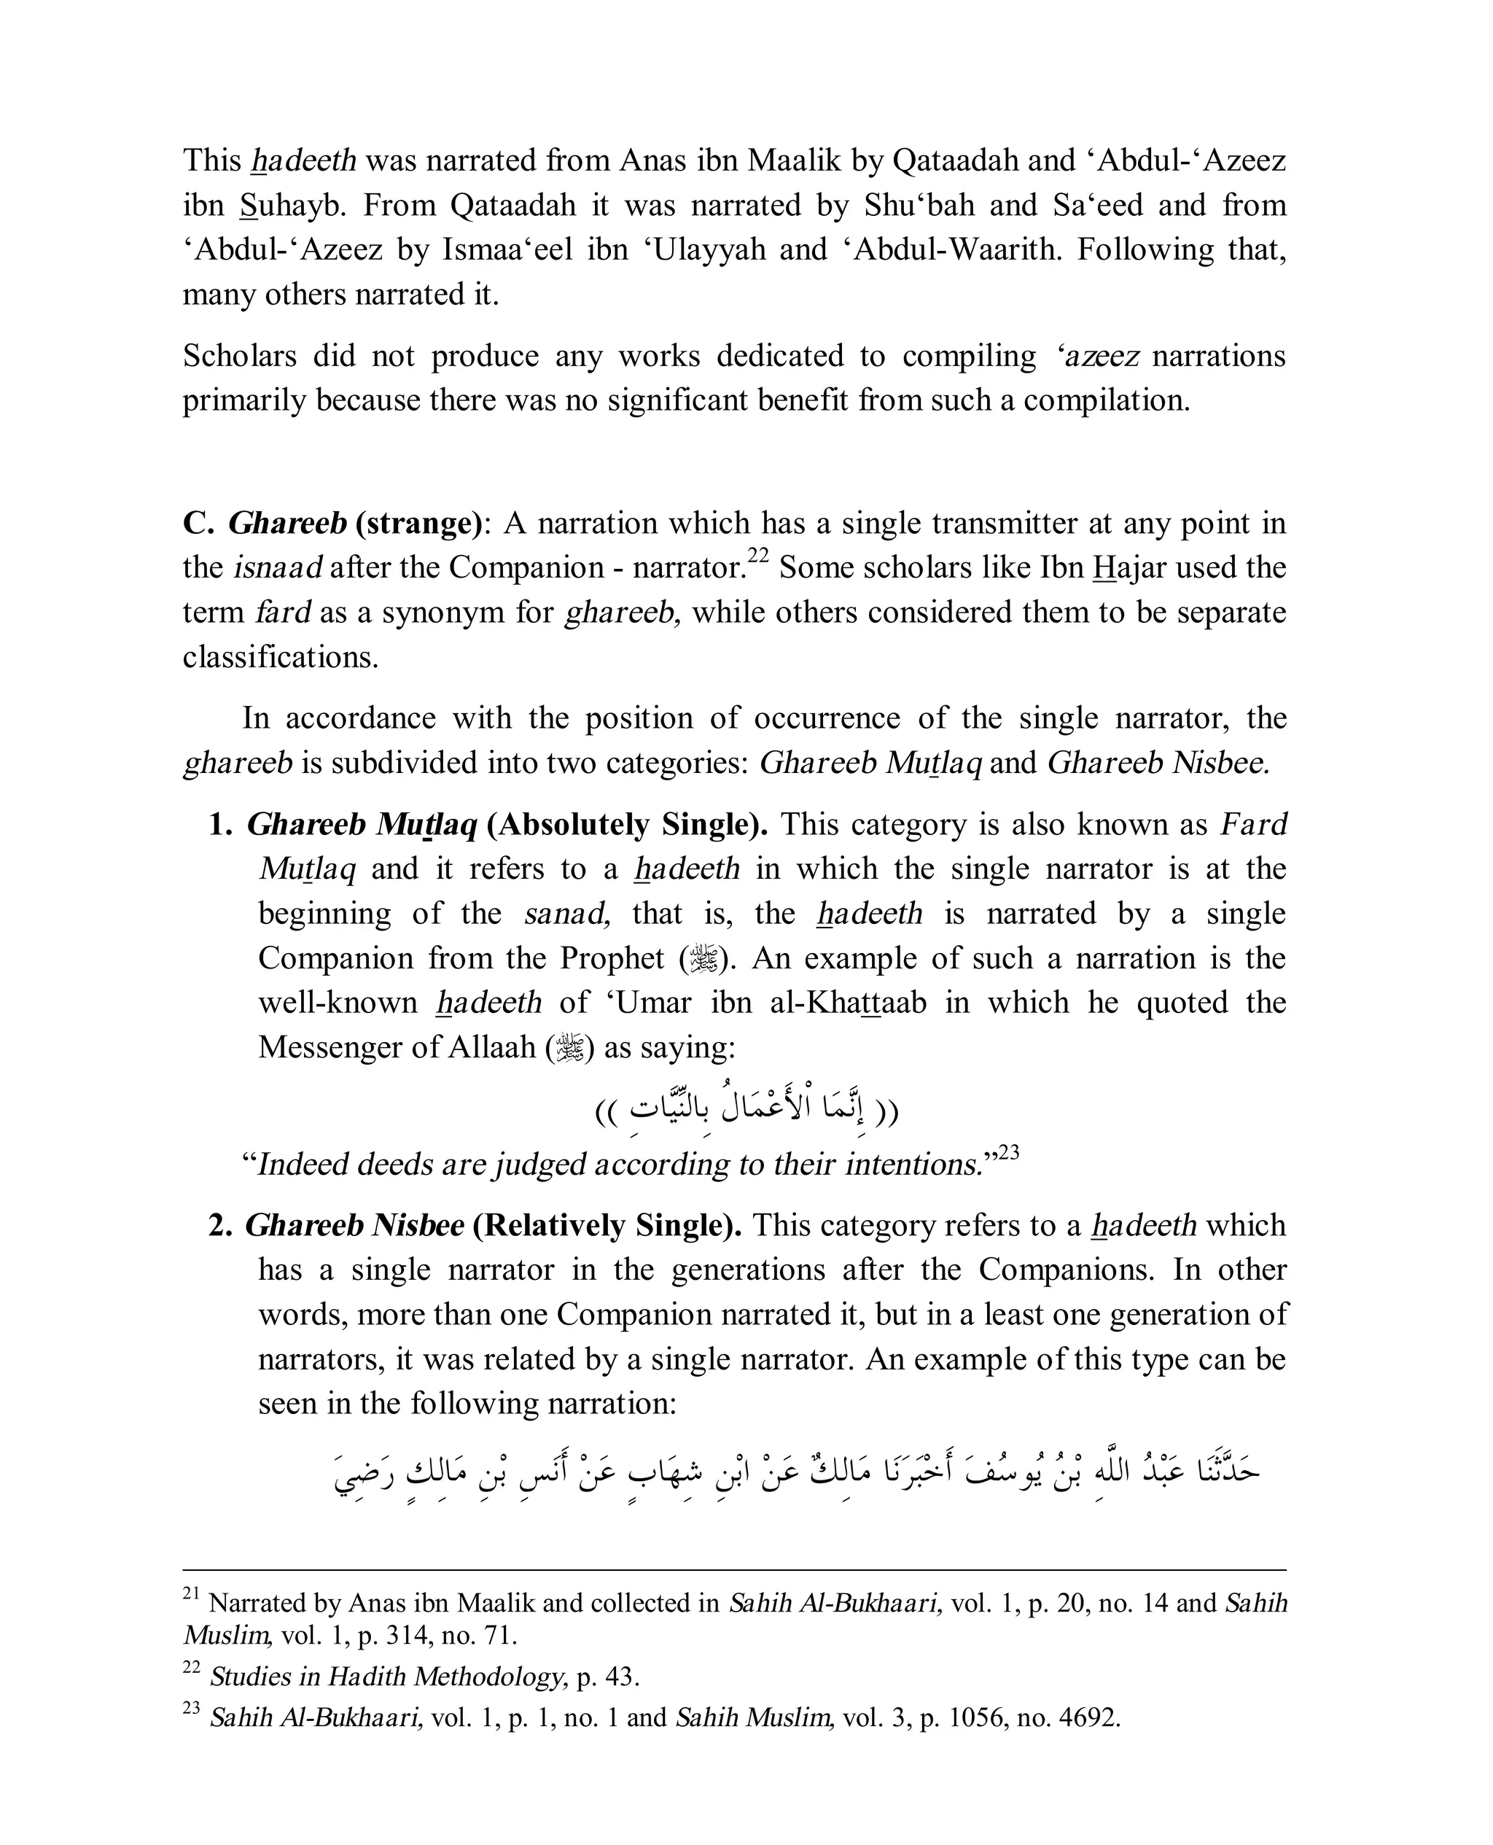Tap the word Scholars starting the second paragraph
[x=239, y=356]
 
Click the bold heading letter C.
[x=197, y=524]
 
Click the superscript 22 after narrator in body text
[x=757, y=556]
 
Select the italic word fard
[x=283, y=613]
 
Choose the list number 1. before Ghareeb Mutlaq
[x=220, y=825]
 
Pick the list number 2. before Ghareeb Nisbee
[x=220, y=1226]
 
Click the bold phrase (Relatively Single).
[x=607, y=1226]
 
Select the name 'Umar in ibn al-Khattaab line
[x=652, y=1003]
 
